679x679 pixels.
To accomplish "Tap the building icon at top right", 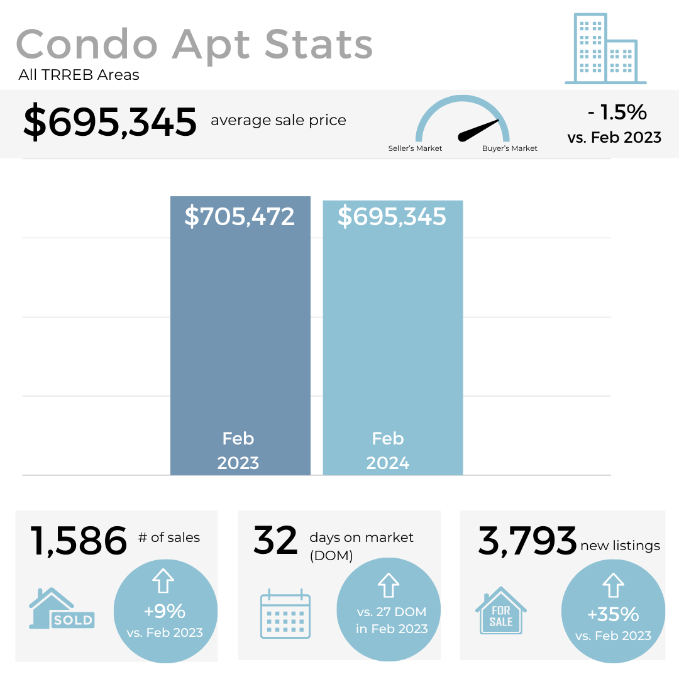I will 605,49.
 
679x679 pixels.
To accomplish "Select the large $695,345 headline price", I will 110,122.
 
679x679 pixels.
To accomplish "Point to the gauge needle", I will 479,129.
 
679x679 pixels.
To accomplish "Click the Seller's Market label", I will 415,148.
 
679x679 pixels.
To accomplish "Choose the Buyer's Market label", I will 510,148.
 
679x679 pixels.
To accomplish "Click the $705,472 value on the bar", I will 240,216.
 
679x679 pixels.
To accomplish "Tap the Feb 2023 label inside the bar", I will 238,451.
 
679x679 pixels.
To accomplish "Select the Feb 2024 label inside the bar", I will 388,451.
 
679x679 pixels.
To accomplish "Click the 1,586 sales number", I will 79,541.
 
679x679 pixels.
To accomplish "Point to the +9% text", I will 165,611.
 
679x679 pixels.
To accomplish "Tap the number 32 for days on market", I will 275,541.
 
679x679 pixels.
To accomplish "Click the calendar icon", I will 285,614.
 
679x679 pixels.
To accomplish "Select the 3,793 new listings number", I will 527,541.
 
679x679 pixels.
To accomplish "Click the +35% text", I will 613,614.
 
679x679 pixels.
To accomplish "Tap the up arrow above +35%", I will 613,585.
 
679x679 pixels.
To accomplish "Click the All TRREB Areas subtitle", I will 79,75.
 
